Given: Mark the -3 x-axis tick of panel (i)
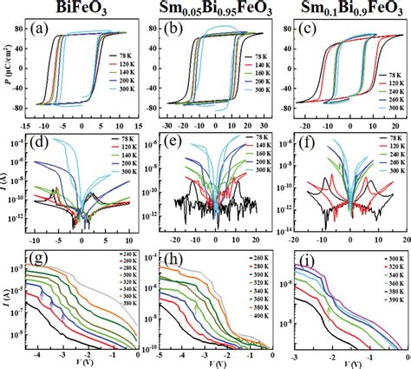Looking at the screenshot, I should click(293, 354).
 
